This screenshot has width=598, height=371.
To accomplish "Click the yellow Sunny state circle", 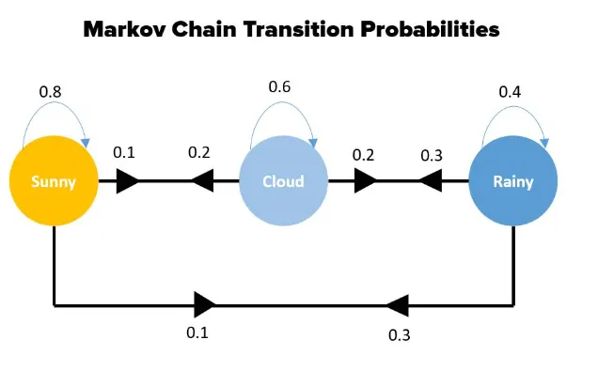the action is tap(54, 181).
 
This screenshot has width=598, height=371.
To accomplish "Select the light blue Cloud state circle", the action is tap(283, 181).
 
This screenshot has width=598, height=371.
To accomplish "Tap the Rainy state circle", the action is tap(513, 181).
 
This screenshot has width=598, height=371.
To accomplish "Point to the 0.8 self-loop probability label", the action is tap(50, 92).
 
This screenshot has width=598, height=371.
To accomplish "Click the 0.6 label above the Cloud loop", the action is tap(279, 86).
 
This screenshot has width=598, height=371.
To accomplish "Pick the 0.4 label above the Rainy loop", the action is tap(510, 92).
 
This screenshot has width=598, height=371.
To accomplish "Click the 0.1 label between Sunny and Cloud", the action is tap(124, 152).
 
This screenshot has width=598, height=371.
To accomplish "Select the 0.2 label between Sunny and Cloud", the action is tap(199, 152).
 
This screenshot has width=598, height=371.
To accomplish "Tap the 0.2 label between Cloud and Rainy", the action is tap(364, 155).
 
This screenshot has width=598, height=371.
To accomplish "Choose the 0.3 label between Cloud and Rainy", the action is tap(432, 155).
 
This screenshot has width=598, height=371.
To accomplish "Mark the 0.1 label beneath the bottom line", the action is tap(197, 332).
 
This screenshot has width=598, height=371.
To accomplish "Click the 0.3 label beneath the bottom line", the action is tap(400, 335).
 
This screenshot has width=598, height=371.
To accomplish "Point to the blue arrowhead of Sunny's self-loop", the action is tap(86, 143).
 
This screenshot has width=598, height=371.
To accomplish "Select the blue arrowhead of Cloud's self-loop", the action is tap(313, 143).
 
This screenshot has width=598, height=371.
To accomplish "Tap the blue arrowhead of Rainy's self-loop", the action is tap(544, 143).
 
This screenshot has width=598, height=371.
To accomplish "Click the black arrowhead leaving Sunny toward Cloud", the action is tap(128, 181).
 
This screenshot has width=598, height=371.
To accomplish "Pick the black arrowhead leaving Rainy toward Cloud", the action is tap(431, 181).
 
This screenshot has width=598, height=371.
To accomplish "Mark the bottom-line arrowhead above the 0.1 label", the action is tap(205, 304).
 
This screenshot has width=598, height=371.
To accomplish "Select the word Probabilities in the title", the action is tap(431, 29).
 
